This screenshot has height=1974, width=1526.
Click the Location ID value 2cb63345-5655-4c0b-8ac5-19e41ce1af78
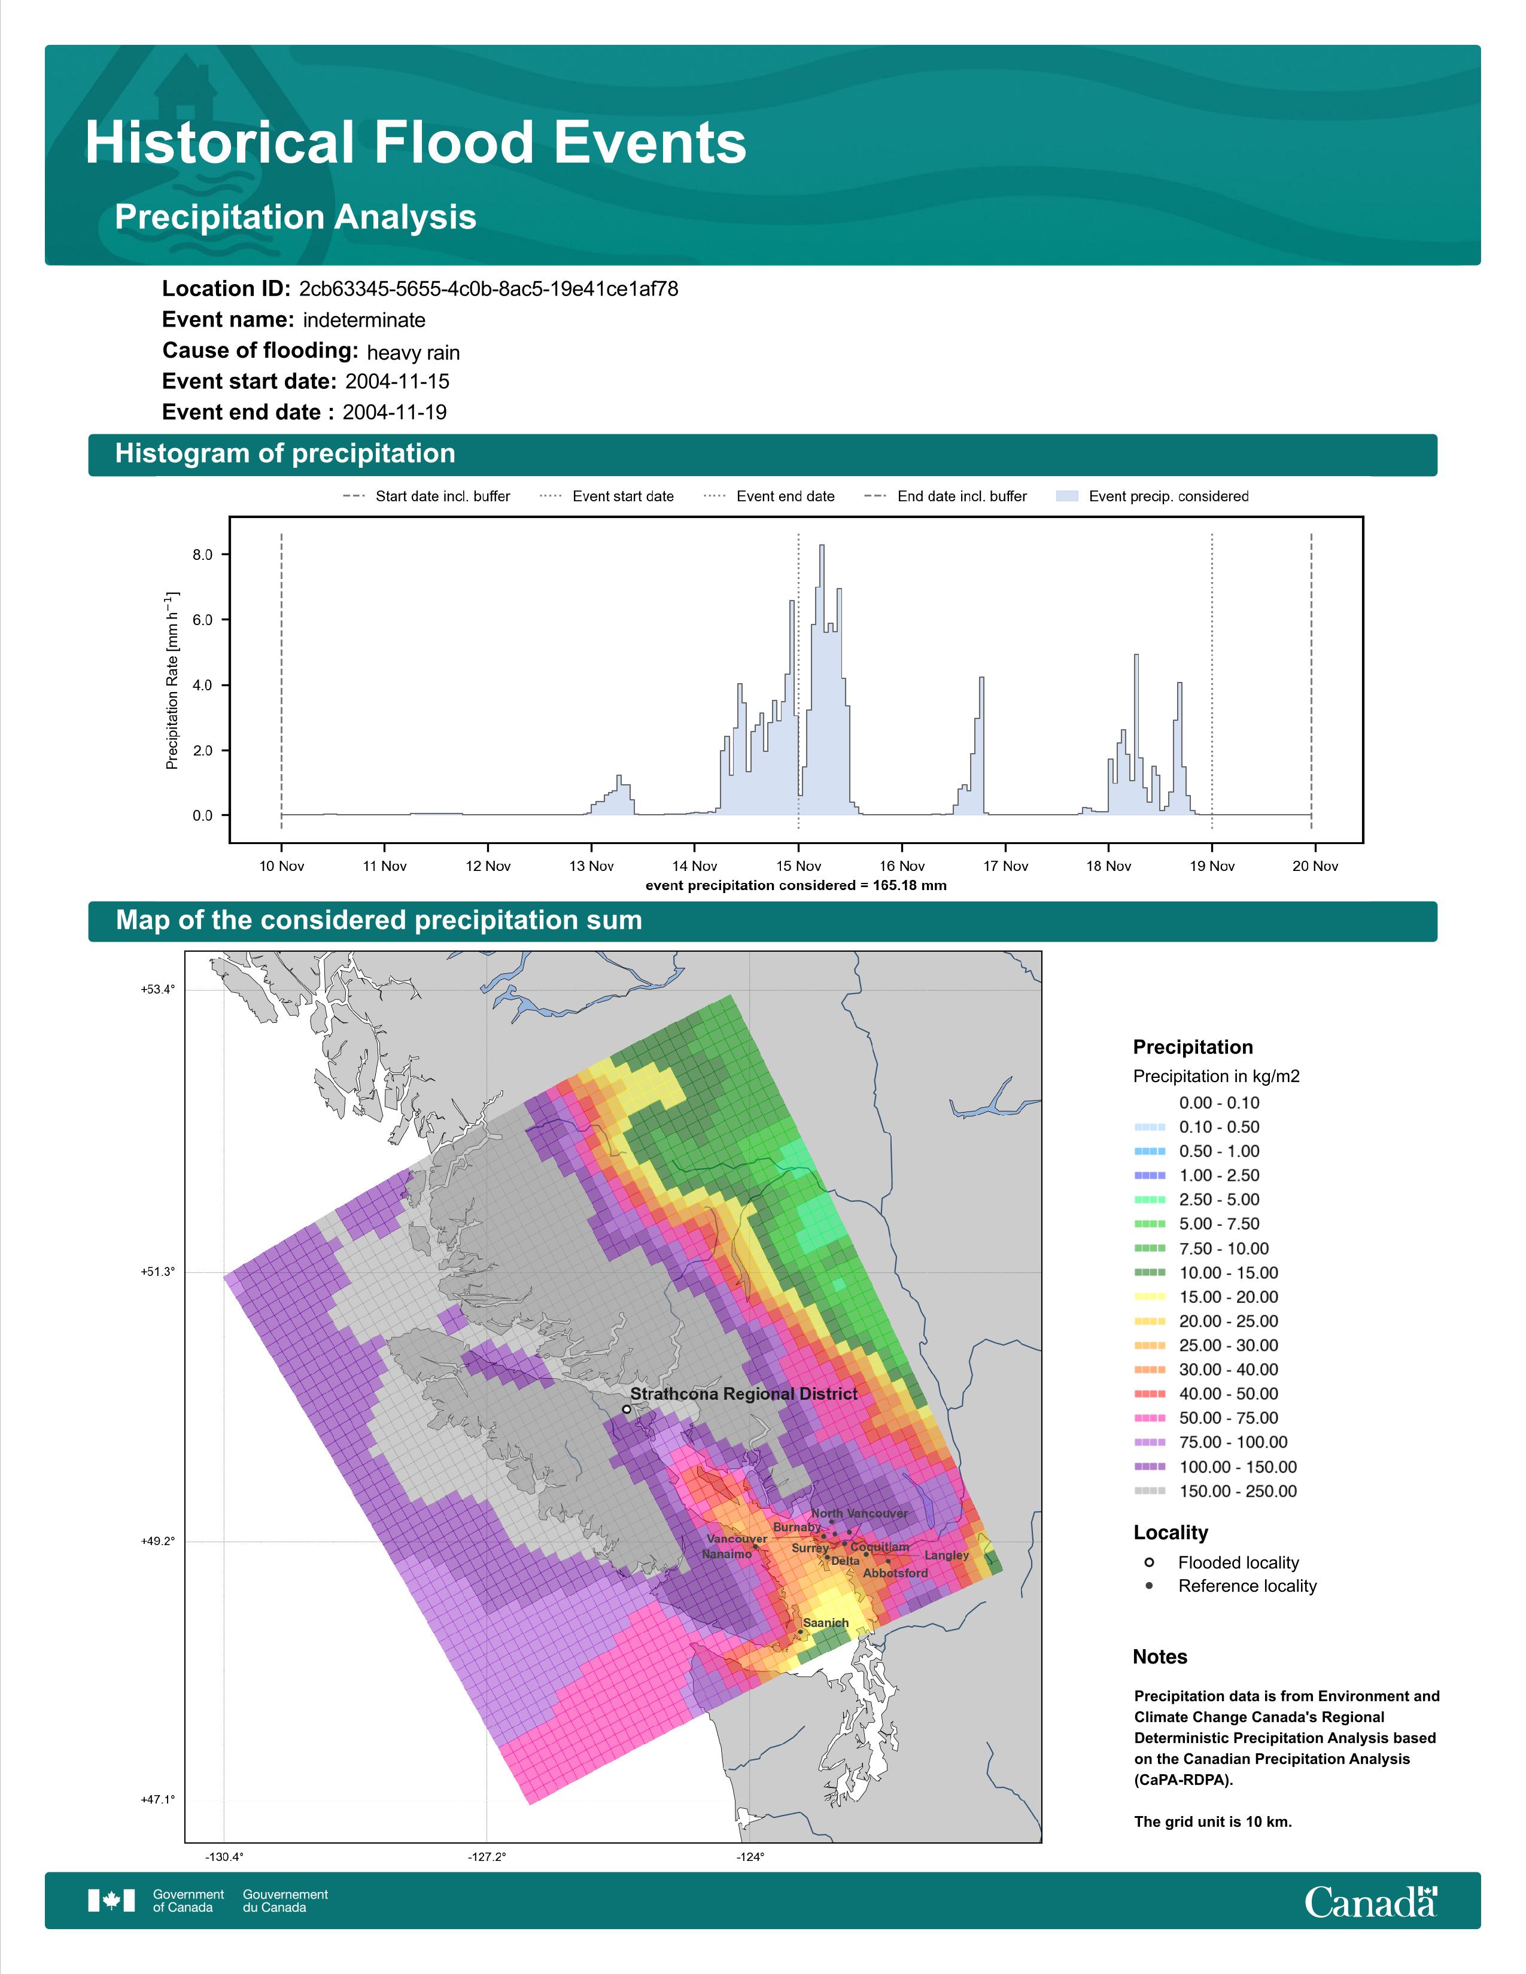click(488, 290)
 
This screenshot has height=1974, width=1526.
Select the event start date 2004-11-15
click(397, 382)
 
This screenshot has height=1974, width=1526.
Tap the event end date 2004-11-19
click(394, 412)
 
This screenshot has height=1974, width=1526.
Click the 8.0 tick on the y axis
click(202, 555)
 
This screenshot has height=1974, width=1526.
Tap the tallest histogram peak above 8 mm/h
click(822, 547)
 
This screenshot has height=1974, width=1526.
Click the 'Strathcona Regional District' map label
click(743, 1394)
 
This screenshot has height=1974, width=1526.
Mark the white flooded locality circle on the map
click(627, 1409)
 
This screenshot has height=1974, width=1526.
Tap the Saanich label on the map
click(825, 1622)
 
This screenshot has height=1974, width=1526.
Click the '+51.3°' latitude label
click(157, 1272)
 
